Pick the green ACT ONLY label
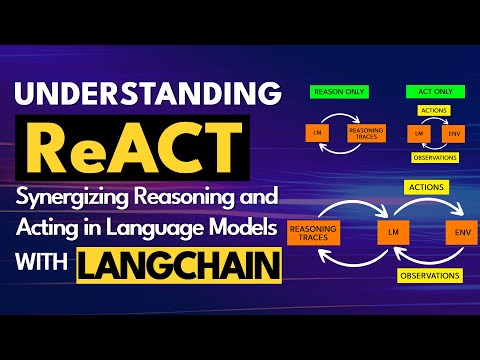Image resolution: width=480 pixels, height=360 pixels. (x=425, y=91)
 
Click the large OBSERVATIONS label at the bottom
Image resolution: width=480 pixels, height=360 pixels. (x=430, y=274)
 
